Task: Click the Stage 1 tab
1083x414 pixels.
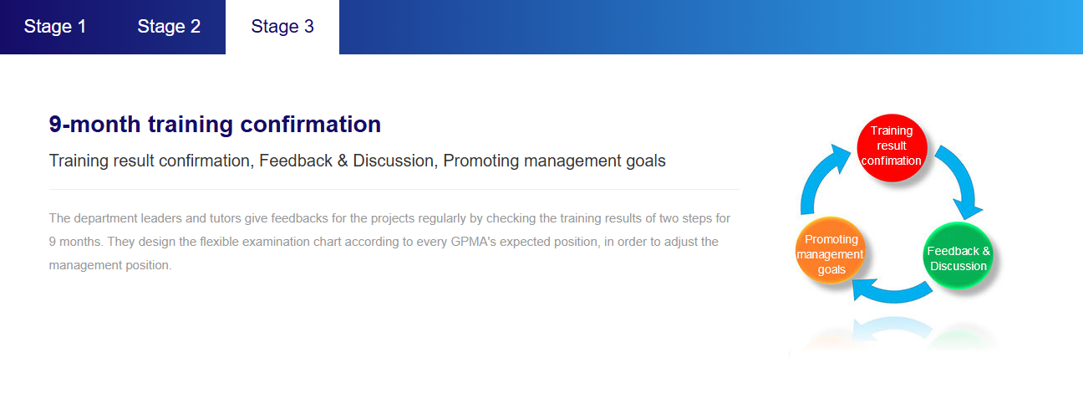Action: point(55,27)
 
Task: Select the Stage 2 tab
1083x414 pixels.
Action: point(169,27)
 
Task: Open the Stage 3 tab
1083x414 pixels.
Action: point(282,27)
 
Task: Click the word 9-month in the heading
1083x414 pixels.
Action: point(94,125)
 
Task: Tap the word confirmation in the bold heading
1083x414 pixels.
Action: point(310,125)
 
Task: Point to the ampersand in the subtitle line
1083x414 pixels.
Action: point(343,161)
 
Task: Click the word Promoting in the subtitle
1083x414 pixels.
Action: point(481,161)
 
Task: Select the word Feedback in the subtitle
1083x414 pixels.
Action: point(296,161)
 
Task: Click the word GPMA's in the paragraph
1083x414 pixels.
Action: point(473,242)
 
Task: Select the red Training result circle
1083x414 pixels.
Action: point(892,148)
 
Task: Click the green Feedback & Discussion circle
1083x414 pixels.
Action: point(958,256)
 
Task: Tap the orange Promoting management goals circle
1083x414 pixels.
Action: point(830,251)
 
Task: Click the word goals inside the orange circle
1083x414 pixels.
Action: point(831,270)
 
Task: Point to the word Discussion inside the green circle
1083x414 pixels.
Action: point(958,266)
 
